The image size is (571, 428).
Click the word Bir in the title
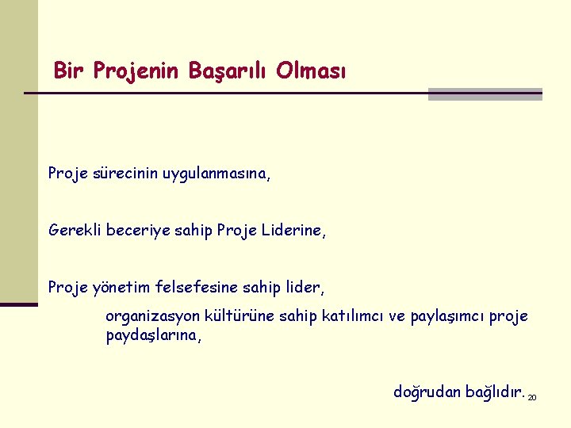(x=69, y=71)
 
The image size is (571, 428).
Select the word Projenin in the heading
(x=136, y=72)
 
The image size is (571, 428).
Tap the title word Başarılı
(x=229, y=72)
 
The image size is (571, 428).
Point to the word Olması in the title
(x=311, y=71)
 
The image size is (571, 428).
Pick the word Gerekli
(x=72, y=230)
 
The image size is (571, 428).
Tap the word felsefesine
(x=189, y=285)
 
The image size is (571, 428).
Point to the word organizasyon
(x=151, y=317)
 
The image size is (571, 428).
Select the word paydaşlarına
(x=154, y=336)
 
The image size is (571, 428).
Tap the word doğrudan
(x=427, y=392)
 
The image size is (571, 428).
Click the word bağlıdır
(x=494, y=391)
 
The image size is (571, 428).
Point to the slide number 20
(x=532, y=396)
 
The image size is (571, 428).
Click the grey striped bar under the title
(x=485, y=94)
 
